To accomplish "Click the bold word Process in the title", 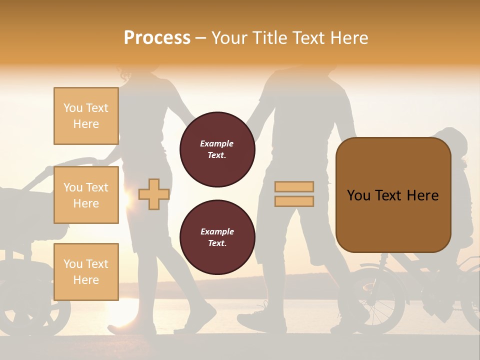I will (x=157, y=37).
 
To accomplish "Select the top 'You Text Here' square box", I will (x=86, y=116).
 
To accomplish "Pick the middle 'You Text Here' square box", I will (x=86, y=195).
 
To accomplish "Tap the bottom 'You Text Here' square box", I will (x=86, y=271).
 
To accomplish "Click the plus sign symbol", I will (x=153, y=194).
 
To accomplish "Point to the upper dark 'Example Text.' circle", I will (x=217, y=149).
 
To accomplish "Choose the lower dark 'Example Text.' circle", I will (x=217, y=237).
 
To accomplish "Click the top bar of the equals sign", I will (x=294, y=186).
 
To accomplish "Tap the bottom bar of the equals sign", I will (x=294, y=201).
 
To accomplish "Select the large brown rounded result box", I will (x=393, y=195).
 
